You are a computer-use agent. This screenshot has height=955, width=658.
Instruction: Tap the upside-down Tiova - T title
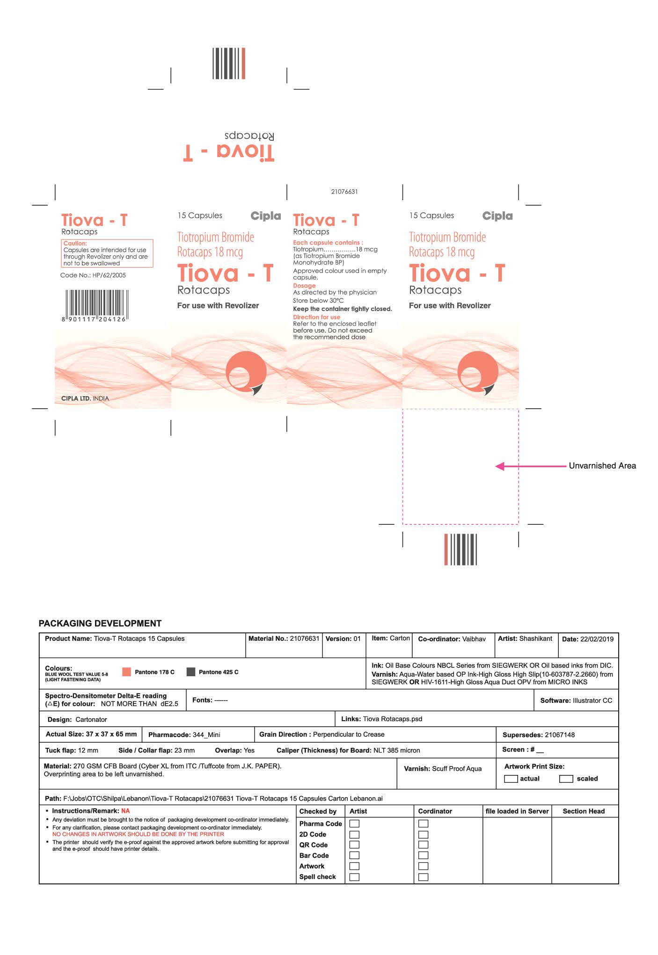coord(228,152)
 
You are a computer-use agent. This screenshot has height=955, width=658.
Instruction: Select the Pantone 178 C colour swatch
coord(126,672)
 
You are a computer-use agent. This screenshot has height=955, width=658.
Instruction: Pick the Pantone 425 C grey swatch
coord(190,672)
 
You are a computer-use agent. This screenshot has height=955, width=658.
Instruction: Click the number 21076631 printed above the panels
coord(344,192)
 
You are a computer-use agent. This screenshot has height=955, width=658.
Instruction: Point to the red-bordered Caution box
coord(107,253)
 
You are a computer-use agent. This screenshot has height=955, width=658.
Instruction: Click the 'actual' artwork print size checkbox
coord(511,779)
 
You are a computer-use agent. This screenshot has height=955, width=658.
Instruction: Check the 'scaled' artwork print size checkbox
coord(566,779)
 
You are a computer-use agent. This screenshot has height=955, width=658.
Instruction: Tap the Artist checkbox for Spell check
coord(355,877)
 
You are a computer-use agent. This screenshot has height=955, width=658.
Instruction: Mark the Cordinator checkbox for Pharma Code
coord(423,824)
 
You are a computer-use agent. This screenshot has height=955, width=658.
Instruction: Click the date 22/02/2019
coord(597,639)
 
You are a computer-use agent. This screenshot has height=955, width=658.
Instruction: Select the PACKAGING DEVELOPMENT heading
coord(100,623)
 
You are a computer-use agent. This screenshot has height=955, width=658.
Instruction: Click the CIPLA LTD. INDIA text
coord(85,398)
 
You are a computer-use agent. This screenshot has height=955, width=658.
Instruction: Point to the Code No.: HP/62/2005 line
coord(93,275)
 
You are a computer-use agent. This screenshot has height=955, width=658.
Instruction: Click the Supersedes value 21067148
coord(560,735)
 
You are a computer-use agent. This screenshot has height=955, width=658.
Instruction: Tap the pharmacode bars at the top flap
coord(229,63)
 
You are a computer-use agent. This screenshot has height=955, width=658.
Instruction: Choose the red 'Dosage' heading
coord(304,286)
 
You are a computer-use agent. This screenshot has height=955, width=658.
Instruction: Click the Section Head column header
coord(584,811)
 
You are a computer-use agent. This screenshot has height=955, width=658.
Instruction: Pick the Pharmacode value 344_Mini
coord(206,735)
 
